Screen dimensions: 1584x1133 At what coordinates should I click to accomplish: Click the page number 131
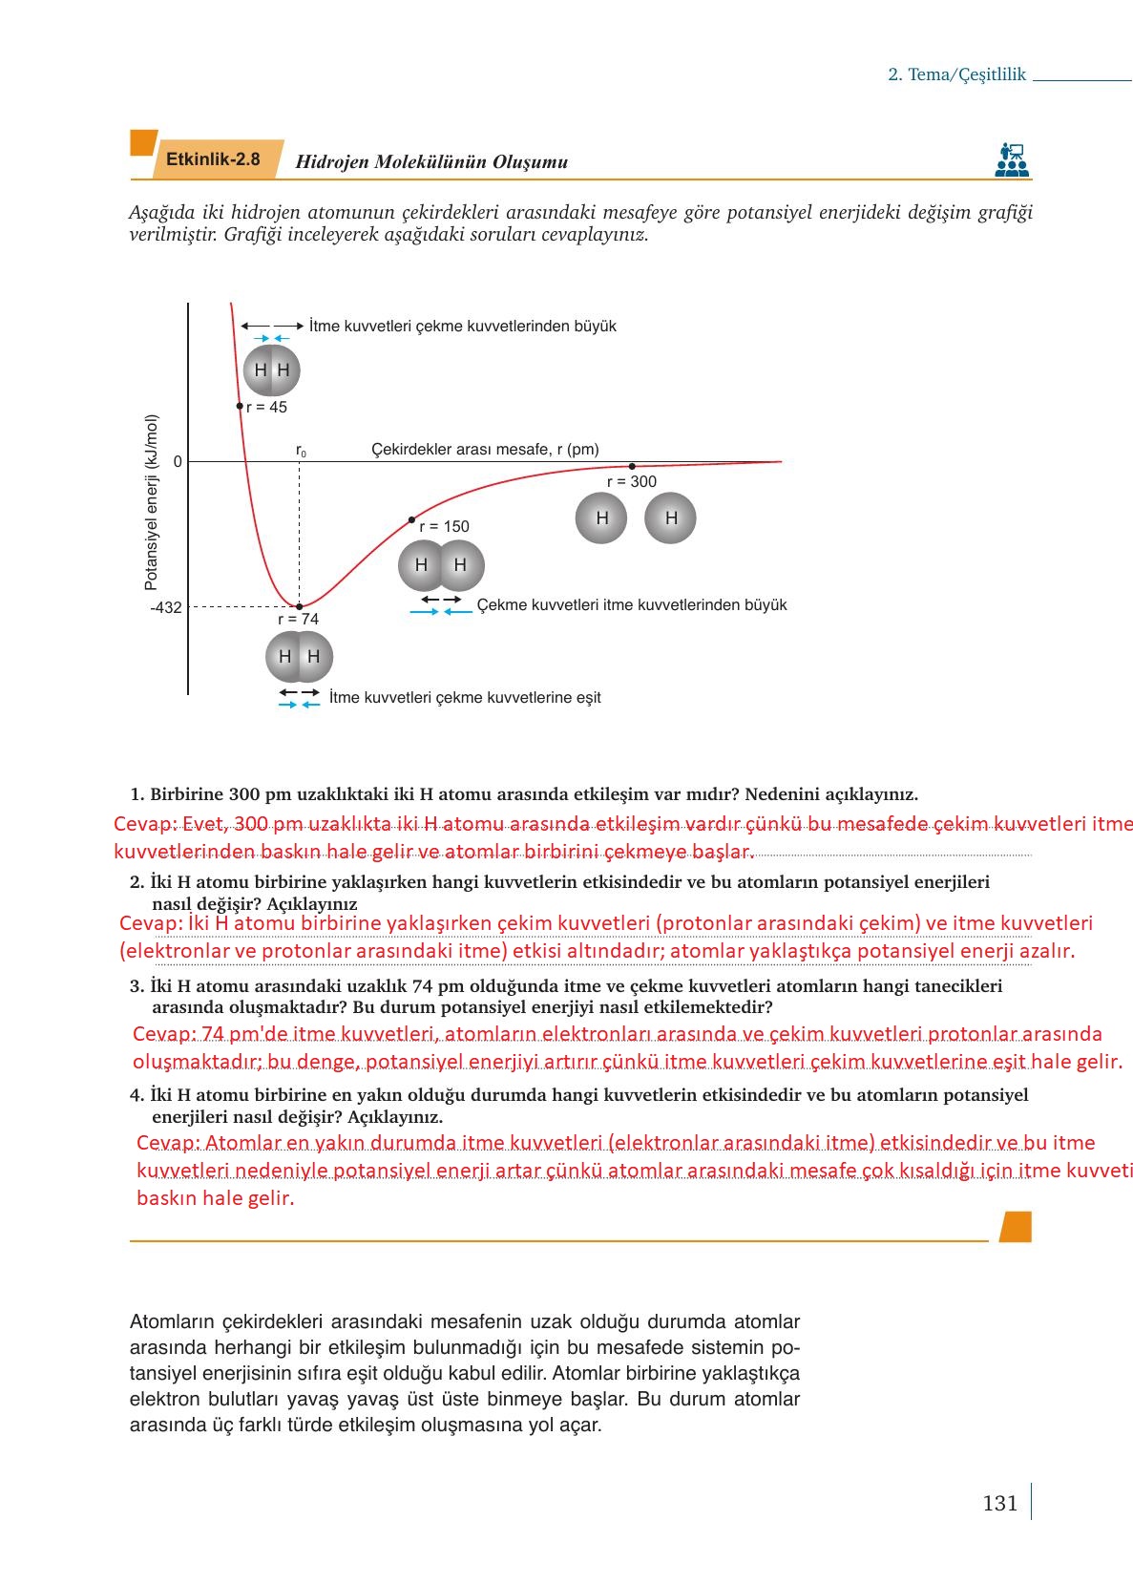pos(999,1503)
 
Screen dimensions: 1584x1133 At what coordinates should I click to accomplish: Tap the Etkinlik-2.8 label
pos(213,159)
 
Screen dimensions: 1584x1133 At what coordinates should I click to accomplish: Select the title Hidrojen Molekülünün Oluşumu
pos(431,161)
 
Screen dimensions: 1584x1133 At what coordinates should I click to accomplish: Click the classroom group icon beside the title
pos(1011,159)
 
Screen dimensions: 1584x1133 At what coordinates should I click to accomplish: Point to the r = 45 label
pos(266,407)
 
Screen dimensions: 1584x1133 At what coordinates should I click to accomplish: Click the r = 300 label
pos(632,481)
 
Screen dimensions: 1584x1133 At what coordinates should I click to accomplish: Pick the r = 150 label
pos(444,526)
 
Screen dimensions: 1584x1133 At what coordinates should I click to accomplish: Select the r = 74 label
pos(298,619)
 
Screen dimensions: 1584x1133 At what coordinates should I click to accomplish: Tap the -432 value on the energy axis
pos(165,607)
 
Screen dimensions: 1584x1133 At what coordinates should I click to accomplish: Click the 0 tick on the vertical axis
pos(178,462)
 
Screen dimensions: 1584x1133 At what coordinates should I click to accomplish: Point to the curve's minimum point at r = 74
pos(300,606)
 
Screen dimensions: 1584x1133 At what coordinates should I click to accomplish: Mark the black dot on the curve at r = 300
pos(632,466)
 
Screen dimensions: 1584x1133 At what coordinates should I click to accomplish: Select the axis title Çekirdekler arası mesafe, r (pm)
pos(485,450)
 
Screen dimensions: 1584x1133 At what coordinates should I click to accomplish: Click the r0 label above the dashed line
pos(301,451)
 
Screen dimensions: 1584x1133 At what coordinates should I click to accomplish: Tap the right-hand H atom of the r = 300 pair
pos(670,518)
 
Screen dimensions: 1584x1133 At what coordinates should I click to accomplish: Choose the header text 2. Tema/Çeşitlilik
pos(956,74)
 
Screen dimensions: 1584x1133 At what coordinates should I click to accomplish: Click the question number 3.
pos(136,986)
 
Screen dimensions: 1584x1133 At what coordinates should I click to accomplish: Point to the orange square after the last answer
pos(1016,1227)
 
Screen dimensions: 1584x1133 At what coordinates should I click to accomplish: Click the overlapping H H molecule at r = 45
pos(272,370)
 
